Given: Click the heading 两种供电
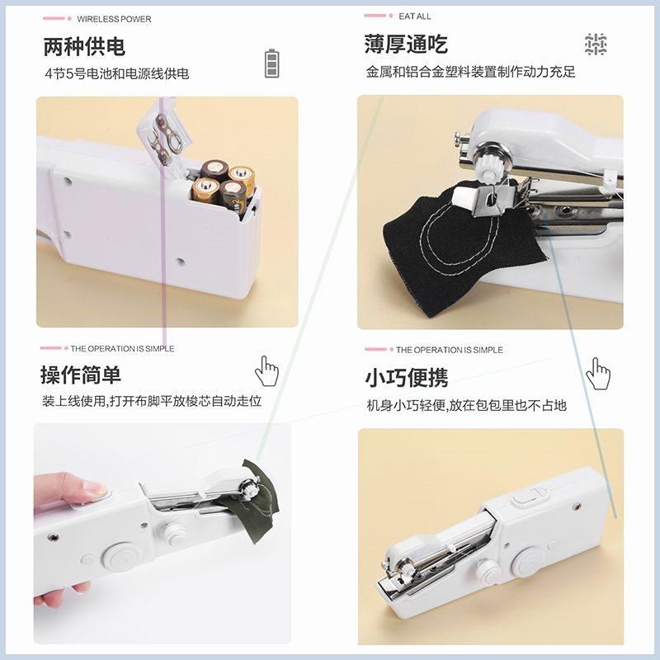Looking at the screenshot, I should click(84, 46).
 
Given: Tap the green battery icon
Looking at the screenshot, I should click(271, 63).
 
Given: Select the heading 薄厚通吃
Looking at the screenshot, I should click(406, 44).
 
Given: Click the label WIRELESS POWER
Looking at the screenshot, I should click(114, 19).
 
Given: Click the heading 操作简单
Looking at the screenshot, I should click(81, 375).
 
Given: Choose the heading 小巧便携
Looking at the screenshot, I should click(406, 377).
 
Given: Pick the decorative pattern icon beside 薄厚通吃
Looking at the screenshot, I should click(596, 45).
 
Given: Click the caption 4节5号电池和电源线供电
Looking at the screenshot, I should click(116, 73).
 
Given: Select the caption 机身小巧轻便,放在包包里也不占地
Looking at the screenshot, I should click(466, 405).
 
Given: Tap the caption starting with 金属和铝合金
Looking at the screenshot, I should click(470, 72).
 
